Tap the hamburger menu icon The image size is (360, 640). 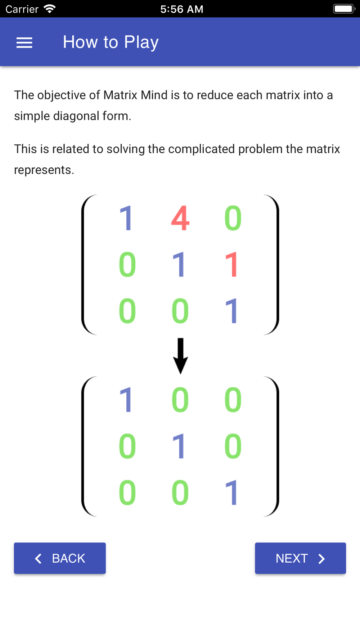(x=24, y=42)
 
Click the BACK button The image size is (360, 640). (x=60, y=558)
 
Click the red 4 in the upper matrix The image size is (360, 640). (x=180, y=218)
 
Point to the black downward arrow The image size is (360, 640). (x=180, y=356)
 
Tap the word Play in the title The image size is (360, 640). (x=141, y=42)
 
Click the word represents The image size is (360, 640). (x=44, y=170)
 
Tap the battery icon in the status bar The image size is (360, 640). (x=344, y=9)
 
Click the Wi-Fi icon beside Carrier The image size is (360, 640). (x=49, y=9)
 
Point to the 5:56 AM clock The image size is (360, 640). (x=182, y=9)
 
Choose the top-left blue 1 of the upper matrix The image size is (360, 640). (x=126, y=218)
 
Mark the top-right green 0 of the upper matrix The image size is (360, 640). (x=233, y=218)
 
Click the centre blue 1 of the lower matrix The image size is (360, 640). (x=179, y=446)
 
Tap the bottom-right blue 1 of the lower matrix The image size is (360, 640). (x=232, y=492)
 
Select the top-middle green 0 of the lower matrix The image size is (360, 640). (x=180, y=400)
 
